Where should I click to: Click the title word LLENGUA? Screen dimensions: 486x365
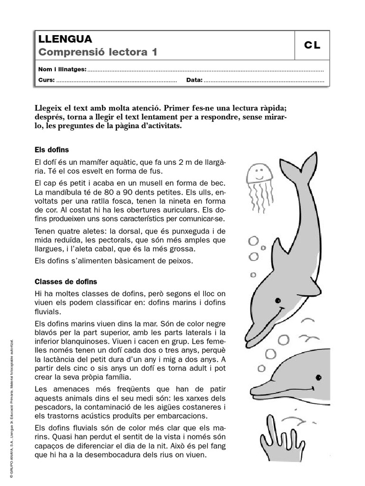point(65,39)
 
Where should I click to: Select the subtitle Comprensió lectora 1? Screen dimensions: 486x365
point(97,52)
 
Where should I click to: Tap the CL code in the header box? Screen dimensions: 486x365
point(312,46)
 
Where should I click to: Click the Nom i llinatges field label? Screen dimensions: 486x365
point(62,69)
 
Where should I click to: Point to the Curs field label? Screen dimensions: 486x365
point(46,80)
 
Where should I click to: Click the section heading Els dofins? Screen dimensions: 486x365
point(52,150)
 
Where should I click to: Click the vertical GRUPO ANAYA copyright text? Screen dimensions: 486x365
point(10,408)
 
